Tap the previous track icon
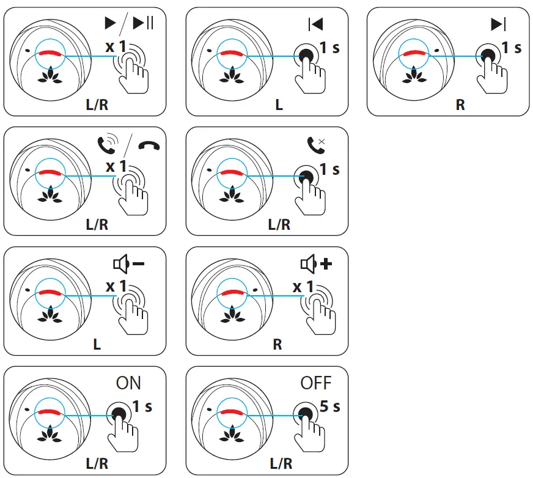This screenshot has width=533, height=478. point(315,23)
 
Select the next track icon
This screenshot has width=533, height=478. point(498,23)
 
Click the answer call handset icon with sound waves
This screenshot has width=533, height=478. point(107,144)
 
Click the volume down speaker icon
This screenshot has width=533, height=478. point(128,264)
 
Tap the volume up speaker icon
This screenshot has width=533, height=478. point(314,264)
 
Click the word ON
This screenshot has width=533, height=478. point(128,383)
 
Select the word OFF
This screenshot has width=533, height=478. point(315,383)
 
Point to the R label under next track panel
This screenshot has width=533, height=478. point(460,105)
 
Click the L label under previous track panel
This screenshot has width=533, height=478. point(279,105)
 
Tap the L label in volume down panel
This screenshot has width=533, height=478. point(97,344)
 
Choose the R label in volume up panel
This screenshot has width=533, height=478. point(278,344)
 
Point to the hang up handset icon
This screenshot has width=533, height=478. point(147,145)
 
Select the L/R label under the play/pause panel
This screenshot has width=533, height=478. point(97,105)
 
